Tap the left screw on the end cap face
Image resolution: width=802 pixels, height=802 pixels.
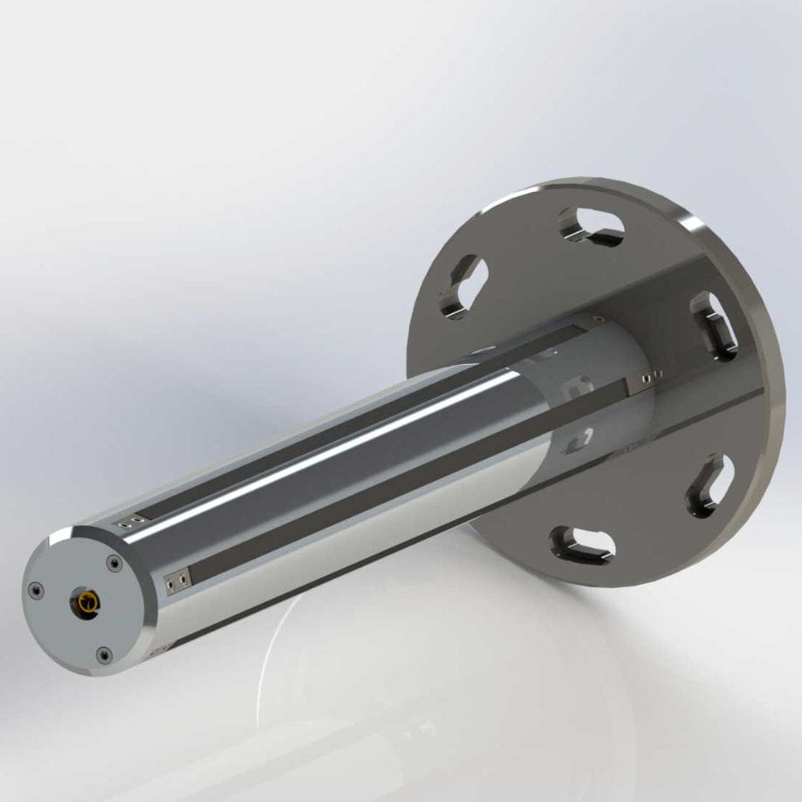tap(36, 591)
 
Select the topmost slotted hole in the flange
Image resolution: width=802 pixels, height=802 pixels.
tap(593, 225)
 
